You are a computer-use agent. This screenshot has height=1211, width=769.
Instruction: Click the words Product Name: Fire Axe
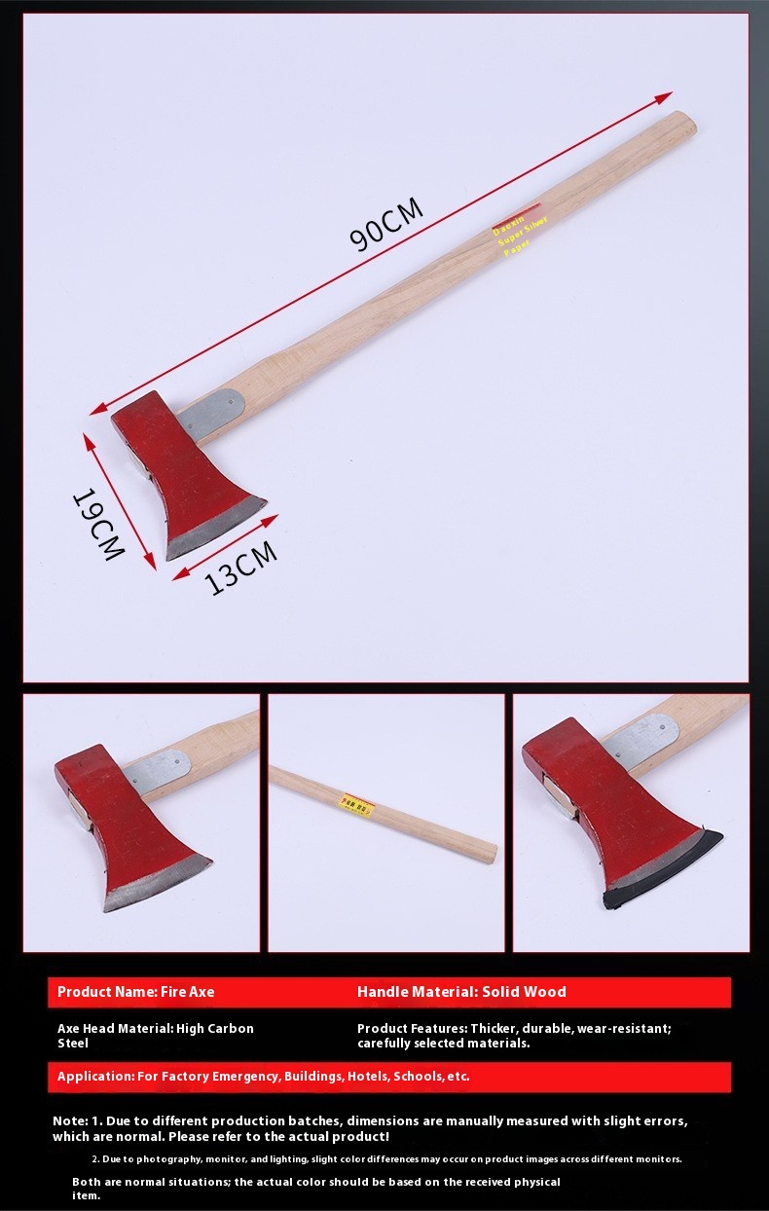[x=135, y=992]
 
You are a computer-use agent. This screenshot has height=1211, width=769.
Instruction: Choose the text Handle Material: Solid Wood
[x=461, y=992]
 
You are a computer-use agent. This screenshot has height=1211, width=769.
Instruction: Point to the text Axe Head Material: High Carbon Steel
[x=155, y=1035]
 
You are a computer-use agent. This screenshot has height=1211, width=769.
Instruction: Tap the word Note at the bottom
[x=70, y=1120]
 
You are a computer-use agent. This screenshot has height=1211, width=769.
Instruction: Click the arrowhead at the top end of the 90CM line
[x=666, y=96]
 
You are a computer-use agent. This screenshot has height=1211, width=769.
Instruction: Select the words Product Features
[x=410, y=1028]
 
